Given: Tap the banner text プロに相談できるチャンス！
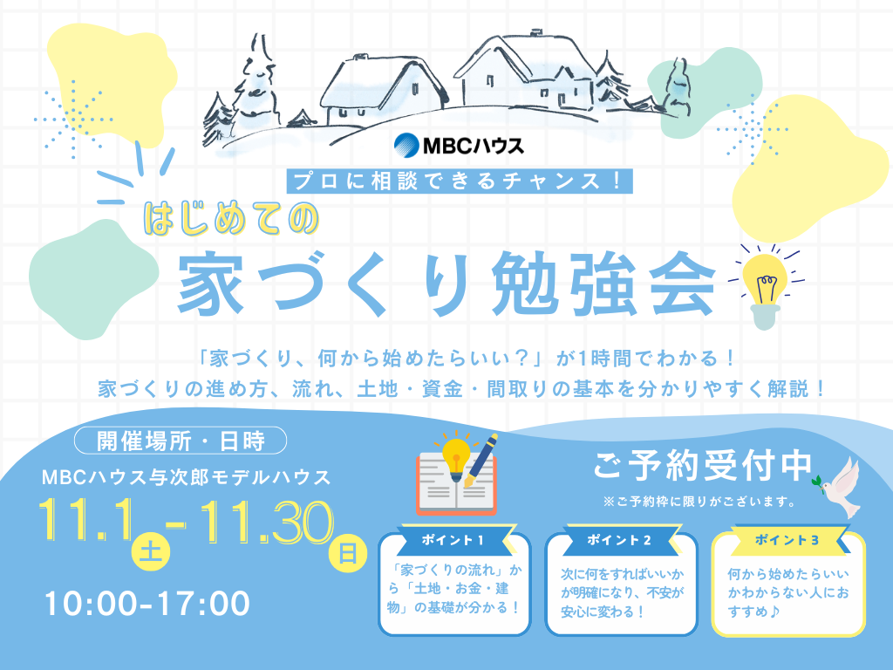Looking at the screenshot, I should tap(459, 181).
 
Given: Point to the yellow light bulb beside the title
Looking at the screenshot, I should tap(764, 279).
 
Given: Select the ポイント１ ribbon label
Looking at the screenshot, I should tap(453, 539).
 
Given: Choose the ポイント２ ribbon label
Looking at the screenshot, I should tap(620, 539).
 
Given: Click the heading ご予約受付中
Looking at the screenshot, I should tap(703, 467).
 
